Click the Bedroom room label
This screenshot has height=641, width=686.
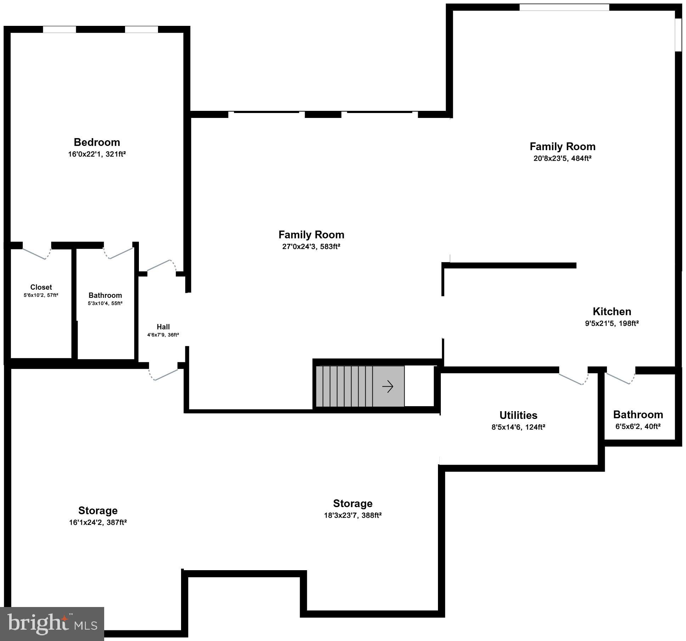[97, 142]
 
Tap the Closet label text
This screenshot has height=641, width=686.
[41, 287]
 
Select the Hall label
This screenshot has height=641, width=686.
[163, 327]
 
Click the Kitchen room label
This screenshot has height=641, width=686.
[612, 312]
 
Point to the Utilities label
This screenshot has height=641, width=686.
[518, 415]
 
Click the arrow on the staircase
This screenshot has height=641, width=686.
[388, 386]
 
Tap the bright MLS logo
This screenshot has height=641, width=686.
[52, 624]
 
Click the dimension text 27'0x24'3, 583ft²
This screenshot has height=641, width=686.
[311, 246]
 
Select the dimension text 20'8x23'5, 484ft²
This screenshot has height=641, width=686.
[562, 158]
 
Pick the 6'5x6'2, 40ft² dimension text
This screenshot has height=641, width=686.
[638, 426]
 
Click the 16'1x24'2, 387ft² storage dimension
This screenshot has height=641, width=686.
[98, 522]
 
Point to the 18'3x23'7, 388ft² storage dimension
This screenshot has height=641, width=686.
[353, 515]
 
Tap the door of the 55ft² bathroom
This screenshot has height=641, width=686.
[119, 252]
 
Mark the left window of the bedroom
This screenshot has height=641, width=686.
[59, 29]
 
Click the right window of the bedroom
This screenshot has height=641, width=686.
[141, 29]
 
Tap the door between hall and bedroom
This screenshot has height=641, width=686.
[161, 266]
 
